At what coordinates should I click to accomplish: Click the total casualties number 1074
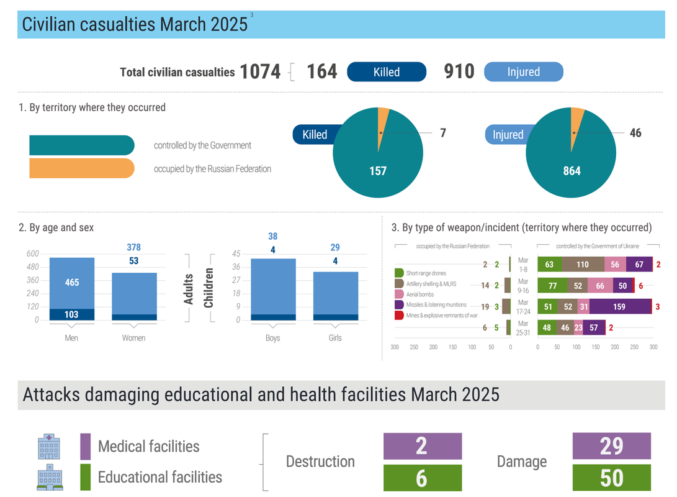[260, 72]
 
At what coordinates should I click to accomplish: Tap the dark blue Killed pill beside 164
[387, 72]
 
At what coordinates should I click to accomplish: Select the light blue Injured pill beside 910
[523, 72]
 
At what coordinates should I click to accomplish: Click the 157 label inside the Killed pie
[377, 171]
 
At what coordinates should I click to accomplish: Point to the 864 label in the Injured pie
[572, 171]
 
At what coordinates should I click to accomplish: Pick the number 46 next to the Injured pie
[635, 133]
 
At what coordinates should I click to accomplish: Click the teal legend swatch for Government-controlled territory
[81, 145]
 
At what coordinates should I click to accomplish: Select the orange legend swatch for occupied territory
[81, 168]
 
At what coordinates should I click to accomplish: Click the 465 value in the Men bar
[72, 283]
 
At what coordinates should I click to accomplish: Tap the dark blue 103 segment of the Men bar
[72, 314]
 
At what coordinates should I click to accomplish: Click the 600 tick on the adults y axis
[32, 253]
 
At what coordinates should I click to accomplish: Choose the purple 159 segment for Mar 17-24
[620, 306]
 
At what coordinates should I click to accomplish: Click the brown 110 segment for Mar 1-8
[582, 265]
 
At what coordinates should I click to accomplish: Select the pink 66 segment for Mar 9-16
[600, 286]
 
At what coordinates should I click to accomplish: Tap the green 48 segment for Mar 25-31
[547, 327]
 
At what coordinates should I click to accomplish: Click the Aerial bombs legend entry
[419, 294]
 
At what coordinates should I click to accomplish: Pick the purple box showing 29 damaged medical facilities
[611, 446]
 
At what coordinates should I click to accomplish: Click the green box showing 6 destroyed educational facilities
[422, 478]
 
